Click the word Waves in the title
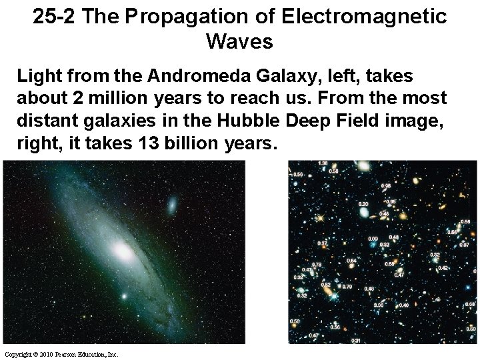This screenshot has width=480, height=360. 240,42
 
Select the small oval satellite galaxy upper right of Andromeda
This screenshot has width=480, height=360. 172,204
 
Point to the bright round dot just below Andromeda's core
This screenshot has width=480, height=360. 123,295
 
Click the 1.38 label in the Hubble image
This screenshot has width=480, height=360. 323,164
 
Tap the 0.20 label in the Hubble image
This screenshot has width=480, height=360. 363,203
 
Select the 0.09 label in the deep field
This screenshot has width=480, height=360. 373,238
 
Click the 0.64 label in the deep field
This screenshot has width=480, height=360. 351,260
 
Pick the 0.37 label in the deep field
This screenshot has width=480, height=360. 322,243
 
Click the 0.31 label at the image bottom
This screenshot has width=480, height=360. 356,341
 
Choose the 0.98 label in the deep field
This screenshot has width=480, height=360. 385,186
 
